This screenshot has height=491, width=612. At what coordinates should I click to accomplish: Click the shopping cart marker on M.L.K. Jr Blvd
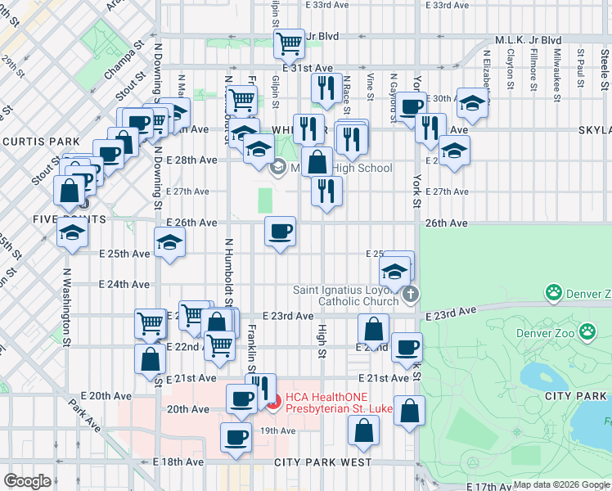pyautogui.click(x=288, y=43)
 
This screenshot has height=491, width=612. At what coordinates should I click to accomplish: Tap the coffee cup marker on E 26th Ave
pyautogui.click(x=280, y=232)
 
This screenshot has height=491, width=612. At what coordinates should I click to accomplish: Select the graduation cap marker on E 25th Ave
pyautogui.click(x=169, y=243)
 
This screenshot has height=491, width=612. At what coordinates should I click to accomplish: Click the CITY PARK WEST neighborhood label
pyautogui.click(x=322, y=462)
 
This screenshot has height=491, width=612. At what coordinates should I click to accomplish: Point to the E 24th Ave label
pyautogui.click(x=124, y=285)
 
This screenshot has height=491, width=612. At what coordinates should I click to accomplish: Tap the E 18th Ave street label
pyautogui.click(x=178, y=462)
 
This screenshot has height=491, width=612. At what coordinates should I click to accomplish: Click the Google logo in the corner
pyautogui.click(x=27, y=481)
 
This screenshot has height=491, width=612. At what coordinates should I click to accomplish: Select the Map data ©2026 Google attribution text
pyautogui.click(x=561, y=484)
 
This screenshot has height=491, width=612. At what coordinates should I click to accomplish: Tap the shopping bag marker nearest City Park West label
pyautogui.click(x=363, y=430)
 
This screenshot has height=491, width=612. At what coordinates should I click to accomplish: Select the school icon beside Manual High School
pyautogui.click(x=277, y=168)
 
